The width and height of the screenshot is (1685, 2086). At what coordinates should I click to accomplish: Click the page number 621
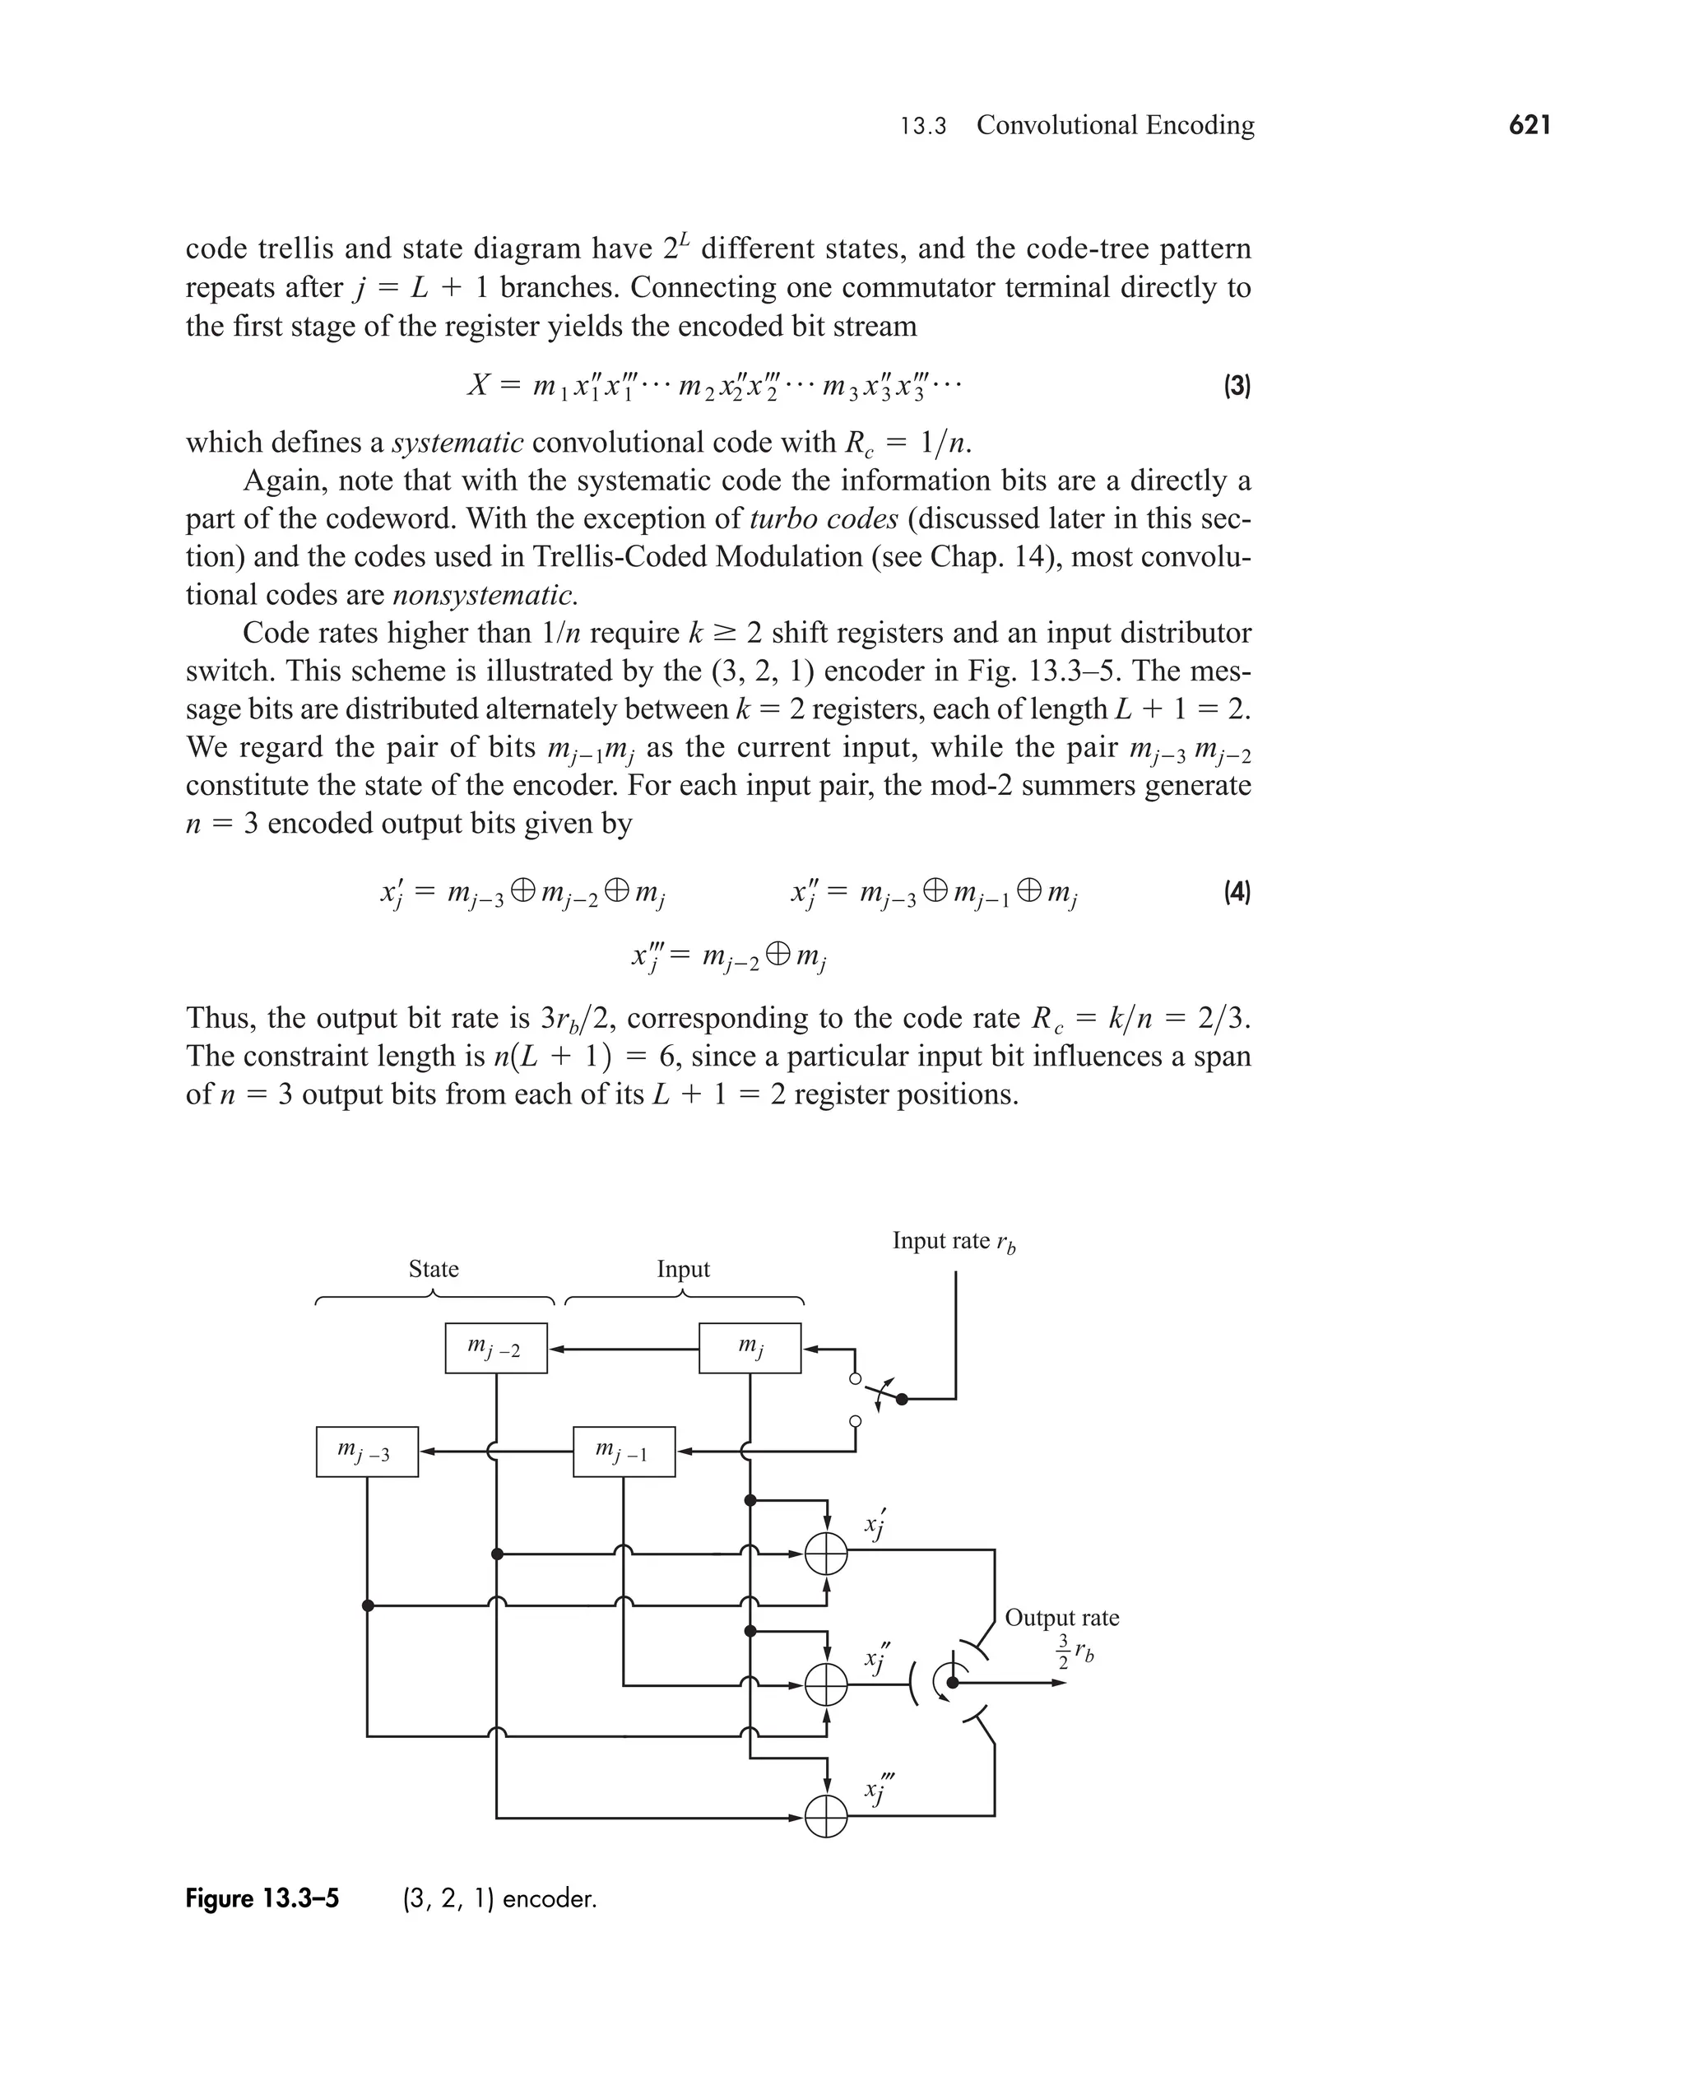click(x=1529, y=125)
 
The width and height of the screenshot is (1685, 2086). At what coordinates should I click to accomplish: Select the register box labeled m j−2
click(x=496, y=1348)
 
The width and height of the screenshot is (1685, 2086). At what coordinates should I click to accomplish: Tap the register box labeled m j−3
click(x=367, y=1452)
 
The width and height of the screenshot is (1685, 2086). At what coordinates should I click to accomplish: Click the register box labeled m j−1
click(x=624, y=1452)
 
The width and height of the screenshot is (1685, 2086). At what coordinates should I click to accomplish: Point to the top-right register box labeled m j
click(x=750, y=1348)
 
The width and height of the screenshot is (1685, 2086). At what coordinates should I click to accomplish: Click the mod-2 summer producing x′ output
click(x=826, y=1554)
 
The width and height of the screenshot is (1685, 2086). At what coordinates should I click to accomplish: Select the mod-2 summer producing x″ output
click(x=826, y=1685)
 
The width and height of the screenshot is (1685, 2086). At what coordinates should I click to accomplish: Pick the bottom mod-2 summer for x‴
click(x=826, y=1816)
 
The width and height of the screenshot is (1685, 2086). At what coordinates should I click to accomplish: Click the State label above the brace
click(x=433, y=1270)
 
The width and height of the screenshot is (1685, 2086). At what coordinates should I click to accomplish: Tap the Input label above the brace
click(x=684, y=1270)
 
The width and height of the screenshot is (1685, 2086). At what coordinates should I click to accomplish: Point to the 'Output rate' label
click(x=1062, y=1617)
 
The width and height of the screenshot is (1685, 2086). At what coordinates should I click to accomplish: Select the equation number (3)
click(x=1237, y=386)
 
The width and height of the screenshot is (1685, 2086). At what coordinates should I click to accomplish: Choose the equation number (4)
click(x=1237, y=891)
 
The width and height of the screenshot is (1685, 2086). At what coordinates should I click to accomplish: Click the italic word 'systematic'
click(x=458, y=443)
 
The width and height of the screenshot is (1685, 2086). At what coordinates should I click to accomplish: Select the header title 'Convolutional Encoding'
click(x=1116, y=125)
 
